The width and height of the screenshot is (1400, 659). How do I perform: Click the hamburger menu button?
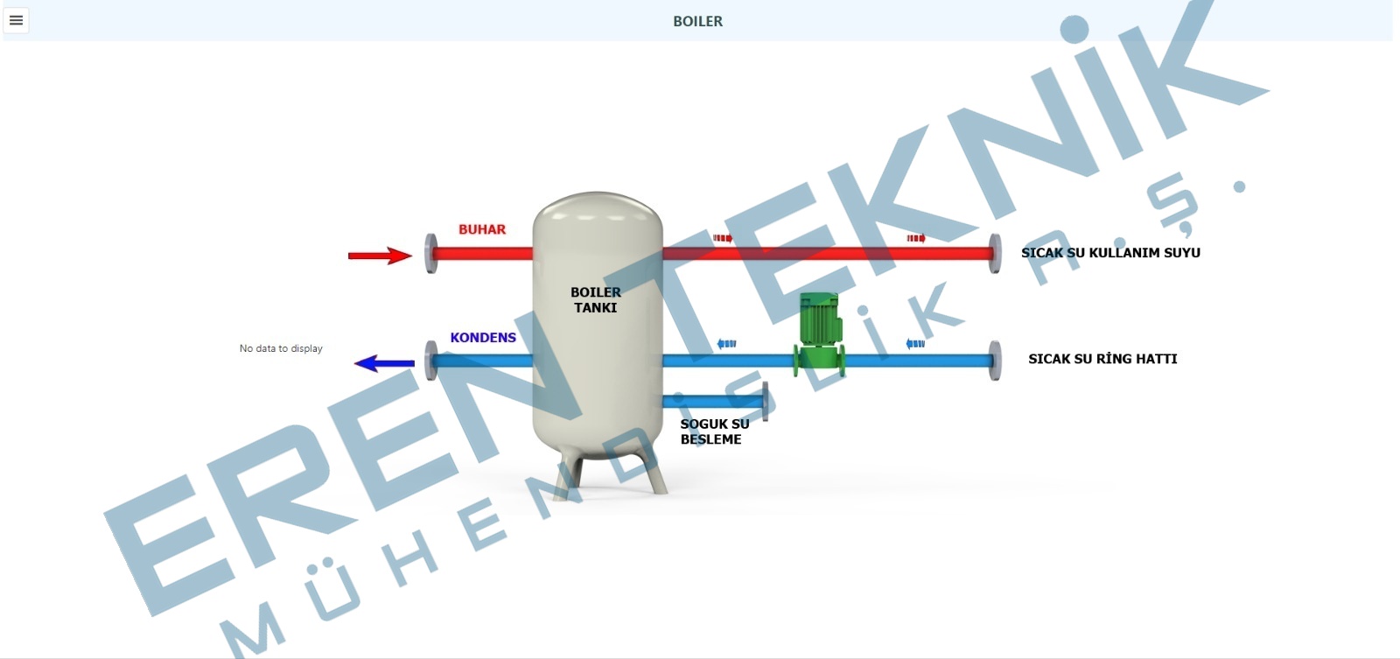click(17, 21)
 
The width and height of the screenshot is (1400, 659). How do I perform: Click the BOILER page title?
click(697, 21)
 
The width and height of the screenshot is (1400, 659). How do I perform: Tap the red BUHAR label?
click(482, 229)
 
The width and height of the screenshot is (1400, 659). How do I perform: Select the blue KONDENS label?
click(483, 338)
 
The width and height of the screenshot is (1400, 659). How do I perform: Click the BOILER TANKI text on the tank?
click(596, 300)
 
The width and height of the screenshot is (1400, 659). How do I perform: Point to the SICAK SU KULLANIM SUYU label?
click(1110, 253)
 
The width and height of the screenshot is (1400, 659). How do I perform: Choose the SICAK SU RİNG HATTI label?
click(1102, 358)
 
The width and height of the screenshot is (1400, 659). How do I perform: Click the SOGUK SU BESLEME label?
click(714, 431)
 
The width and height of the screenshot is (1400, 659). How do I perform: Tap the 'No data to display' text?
click(281, 348)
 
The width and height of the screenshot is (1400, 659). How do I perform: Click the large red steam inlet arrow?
click(380, 255)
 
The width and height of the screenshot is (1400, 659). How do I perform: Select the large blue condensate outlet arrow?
click(384, 363)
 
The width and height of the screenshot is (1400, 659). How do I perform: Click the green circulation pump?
click(819, 335)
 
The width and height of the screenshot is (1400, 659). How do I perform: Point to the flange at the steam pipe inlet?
click(430, 253)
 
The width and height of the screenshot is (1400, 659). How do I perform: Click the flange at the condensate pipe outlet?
click(430, 361)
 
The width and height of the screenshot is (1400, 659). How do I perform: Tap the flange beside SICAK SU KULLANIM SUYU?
click(995, 253)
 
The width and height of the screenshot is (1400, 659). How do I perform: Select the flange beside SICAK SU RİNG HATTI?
click(995, 361)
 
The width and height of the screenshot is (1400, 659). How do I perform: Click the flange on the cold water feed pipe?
click(765, 402)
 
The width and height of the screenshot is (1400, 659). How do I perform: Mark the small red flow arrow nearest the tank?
click(723, 238)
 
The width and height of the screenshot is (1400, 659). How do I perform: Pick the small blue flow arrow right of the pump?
click(915, 343)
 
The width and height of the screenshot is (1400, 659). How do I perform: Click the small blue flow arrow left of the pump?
click(726, 343)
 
